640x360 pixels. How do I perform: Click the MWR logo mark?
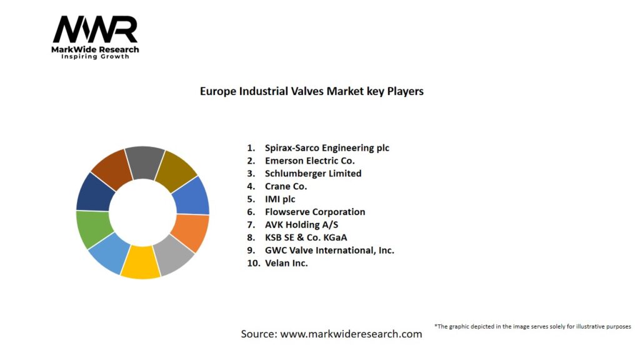tap(95, 29)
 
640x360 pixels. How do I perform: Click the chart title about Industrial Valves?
tap(311, 91)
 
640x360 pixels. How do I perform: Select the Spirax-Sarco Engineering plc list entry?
tap(327, 148)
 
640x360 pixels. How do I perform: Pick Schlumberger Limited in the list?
tap(313, 173)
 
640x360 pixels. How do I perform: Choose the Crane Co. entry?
tap(286, 186)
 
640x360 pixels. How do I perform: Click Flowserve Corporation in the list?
tap(315, 212)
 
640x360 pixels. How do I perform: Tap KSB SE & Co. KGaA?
tap(306, 237)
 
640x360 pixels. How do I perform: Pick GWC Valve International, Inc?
tap(329, 250)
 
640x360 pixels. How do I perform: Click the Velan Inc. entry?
tap(286, 263)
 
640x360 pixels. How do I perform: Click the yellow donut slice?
tap(141, 262)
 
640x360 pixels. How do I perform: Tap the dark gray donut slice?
tap(144, 162)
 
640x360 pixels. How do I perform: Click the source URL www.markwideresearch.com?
tap(351, 334)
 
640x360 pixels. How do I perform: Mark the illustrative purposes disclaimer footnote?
tap(532, 326)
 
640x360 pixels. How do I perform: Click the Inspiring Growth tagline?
tap(95, 57)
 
